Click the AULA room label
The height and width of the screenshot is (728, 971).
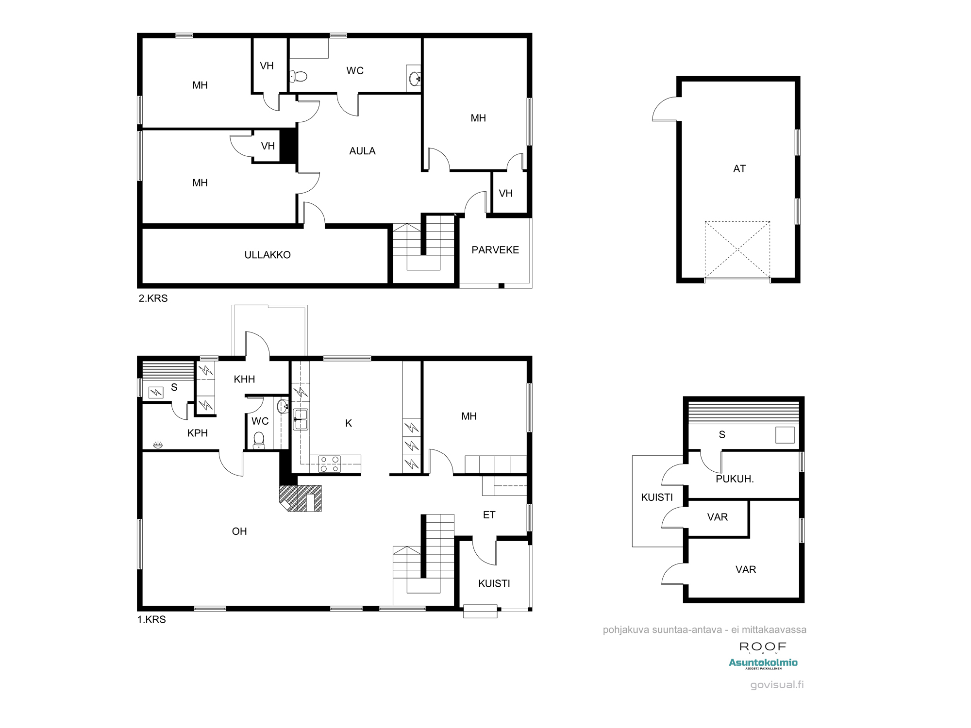pyautogui.click(x=362, y=151)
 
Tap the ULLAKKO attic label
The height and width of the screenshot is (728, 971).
pyautogui.click(x=268, y=255)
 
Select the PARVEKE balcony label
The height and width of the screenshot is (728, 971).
pyautogui.click(x=495, y=250)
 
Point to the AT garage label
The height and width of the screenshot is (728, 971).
pyautogui.click(x=739, y=169)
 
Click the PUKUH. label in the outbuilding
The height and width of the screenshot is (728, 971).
pyautogui.click(x=735, y=479)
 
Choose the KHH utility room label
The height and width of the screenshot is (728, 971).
pyautogui.click(x=244, y=380)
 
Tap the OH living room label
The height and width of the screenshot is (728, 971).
pyautogui.click(x=239, y=531)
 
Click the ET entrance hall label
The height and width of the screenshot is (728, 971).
pyautogui.click(x=489, y=515)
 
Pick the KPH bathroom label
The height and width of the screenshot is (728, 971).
pyautogui.click(x=198, y=433)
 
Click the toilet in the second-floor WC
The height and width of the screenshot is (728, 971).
pyautogui.click(x=299, y=76)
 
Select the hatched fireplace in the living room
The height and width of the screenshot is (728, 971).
pyautogui.click(x=301, y=498)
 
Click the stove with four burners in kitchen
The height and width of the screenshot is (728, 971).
pyautogui.click(x=330, y=464)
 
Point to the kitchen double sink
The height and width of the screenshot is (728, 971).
pyautogui.click(x=301, y=419)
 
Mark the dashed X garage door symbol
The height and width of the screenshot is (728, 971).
pyautogui.click(x=737, y=250)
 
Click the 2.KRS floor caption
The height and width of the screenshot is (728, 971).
pyautogui.click(x=153, y=298)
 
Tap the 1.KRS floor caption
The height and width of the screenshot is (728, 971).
pyautogui.click(x=151, y=620)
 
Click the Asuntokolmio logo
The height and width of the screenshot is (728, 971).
pyautogui.click(x=763, y=663)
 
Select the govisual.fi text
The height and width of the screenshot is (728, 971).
pyautogui.click(x=777, y=685)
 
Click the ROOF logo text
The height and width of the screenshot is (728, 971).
pyautogui.click(x=763, y=646)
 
